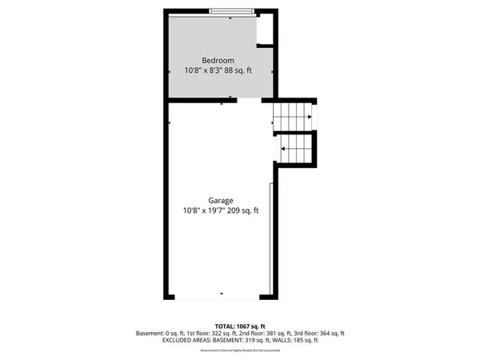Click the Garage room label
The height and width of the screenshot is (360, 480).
(x=221, y=200)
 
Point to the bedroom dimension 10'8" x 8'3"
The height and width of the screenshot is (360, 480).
(x=202, y=70)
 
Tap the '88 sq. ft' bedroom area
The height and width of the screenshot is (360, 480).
(x=238, y=70)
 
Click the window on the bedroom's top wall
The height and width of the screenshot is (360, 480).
(x=234, y=11)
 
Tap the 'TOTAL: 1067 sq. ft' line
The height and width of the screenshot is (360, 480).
(x=239, y=326)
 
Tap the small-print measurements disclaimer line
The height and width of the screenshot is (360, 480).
(x=239, y=349)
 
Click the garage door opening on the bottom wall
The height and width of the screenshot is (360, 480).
(x=222, y=298)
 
